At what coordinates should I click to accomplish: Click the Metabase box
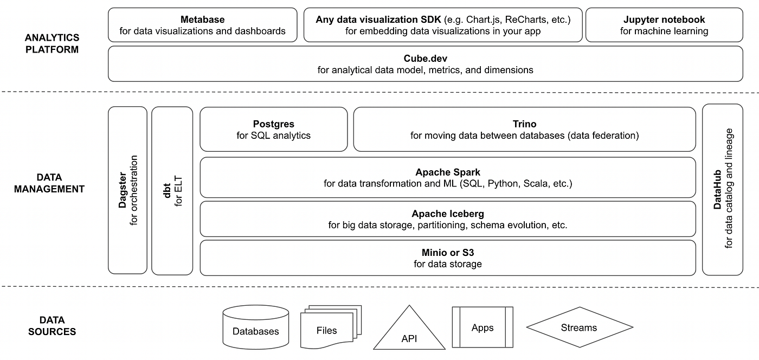tap(202, 25)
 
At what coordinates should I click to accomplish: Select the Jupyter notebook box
tap(664, 25)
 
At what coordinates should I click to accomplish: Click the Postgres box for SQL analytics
tap(273, 130)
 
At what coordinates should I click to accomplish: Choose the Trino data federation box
tap(524, 130)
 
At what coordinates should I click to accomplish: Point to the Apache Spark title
tap(448, 172)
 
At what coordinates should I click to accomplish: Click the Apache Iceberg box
tap(447, 219)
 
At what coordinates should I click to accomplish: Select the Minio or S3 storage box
tap(447, 258)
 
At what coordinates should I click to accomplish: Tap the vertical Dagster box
tap(128, 190)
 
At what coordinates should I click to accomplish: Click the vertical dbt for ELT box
tap(172, 190)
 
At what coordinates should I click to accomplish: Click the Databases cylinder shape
tap(255, 327)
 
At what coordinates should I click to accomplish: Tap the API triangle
tap(409, 333)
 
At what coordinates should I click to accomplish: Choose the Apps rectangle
tap(482, 327)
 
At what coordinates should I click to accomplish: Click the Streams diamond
tap(579, 327)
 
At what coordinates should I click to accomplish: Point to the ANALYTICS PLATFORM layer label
tap(52, 43)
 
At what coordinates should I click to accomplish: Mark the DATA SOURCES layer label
tap(53, 326)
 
